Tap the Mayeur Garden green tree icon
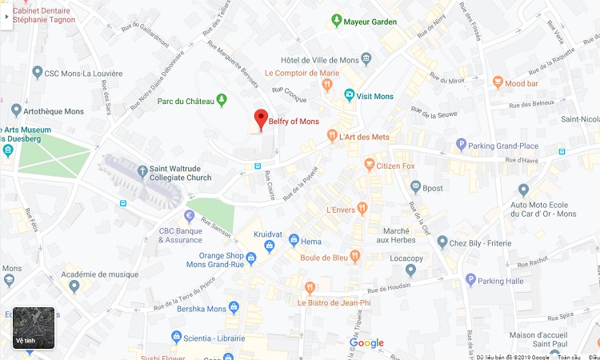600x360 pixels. [x=337, y=21]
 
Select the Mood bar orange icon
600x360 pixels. [x=498, y=82]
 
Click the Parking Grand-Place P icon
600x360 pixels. [x=461, y=145]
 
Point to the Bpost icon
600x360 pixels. [x=416, y=187]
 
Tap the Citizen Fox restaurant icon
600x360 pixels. [x=369, y=165]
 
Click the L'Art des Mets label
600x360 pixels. [x=364, y=137]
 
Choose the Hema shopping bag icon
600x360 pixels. [x=294, y=241]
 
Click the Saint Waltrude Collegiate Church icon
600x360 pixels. [x=142, y=170]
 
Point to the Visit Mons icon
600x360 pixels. [x=349, y=96]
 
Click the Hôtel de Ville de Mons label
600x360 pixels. [x=319, y=59]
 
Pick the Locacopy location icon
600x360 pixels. [x=410, y=270]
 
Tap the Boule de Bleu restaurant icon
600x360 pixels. [x=355, y=257]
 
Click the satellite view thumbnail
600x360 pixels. [x=34, y=328]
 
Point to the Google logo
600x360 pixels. [x=366, y=343]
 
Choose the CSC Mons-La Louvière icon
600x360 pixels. [x=37, y=73]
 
